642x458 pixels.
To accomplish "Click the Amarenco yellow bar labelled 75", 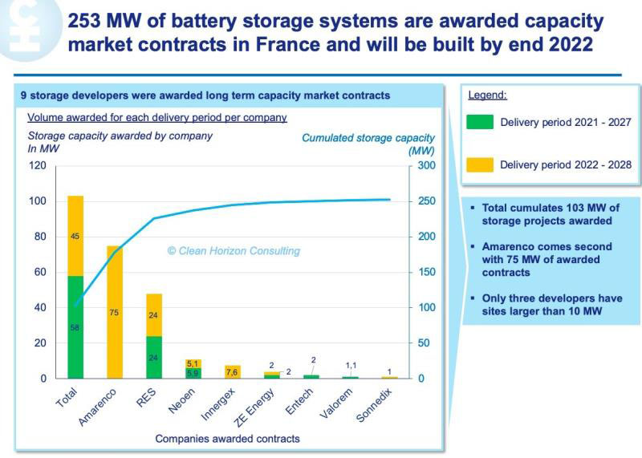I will [114, 312].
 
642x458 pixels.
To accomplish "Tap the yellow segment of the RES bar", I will [153, 314].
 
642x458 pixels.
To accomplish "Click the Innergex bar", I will [233, 371].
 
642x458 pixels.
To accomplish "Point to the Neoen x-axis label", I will [181, 399].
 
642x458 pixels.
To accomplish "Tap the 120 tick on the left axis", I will [39, 166].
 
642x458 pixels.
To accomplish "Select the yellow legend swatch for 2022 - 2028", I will [479, 165].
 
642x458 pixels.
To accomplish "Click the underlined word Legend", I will [487, 95].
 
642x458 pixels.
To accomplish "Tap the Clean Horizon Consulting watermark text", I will [234, 251].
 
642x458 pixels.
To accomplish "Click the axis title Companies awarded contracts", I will [227, 439].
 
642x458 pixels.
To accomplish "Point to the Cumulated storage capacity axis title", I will [368, 138].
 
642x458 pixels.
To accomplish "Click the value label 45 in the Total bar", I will [75, 236].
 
